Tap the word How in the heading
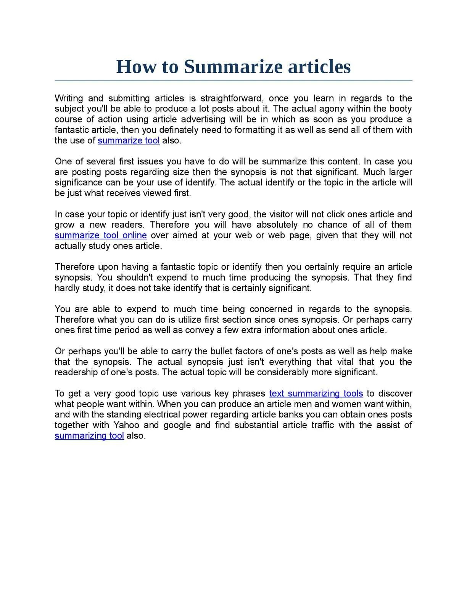pos(136,67)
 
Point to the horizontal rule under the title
pos(233,81)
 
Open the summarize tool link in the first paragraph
pos(129,140)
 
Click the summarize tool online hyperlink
pos(101,235)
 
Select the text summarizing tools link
pos(316,394)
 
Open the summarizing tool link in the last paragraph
pos(89,436)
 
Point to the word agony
pos(332,109)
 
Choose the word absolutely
pos(277,225)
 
